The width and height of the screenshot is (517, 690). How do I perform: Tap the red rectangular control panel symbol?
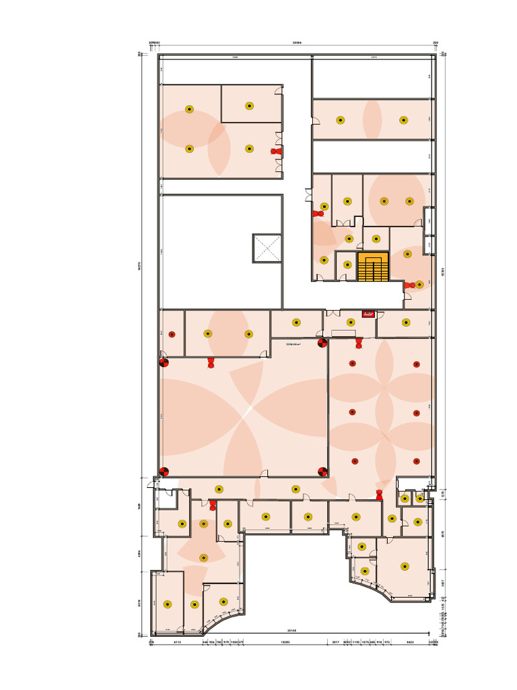point(368,313)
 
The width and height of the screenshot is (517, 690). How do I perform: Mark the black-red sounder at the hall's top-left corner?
point(163,363)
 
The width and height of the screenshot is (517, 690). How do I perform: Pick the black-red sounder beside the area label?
point(322,343)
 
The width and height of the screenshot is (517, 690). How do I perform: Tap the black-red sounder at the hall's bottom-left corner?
point(164,472)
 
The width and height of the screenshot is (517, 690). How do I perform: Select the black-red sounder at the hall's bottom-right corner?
point(322,472)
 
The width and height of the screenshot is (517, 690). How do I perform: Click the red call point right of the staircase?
point(408,286)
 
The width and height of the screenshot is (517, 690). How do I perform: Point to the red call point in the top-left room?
point(276,152)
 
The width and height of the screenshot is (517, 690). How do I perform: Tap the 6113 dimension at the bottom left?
point(176,642)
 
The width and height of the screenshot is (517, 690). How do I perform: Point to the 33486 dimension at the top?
point(296,42)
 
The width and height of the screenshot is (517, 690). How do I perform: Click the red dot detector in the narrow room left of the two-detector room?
point(172,334)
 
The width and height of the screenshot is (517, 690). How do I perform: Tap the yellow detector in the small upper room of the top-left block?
point(249,105)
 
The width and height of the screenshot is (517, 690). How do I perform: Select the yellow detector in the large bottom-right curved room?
point(404,566)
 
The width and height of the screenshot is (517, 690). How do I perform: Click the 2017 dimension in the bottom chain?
point(335,642)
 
